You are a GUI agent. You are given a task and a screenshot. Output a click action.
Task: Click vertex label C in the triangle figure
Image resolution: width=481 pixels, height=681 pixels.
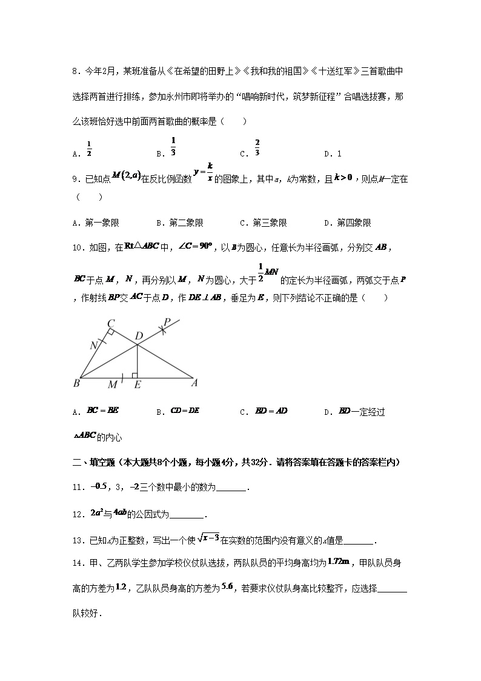(111, 324)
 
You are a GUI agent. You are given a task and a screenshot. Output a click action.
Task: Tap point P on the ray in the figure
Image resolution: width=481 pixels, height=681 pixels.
(168, 323)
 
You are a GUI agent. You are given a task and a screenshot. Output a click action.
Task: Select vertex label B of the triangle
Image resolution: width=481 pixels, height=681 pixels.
(76, 383)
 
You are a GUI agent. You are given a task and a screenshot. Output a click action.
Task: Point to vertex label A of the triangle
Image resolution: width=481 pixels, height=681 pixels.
(195, 383)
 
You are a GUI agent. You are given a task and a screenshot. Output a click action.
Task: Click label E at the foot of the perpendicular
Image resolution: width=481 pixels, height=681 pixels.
(138, 384)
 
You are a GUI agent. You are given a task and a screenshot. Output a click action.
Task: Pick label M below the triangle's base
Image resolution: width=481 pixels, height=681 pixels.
(112, 384)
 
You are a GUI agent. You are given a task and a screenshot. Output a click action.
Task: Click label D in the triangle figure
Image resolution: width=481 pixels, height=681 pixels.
(139, 336)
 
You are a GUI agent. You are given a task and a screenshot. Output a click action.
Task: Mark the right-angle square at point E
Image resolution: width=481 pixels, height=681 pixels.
(134, 376)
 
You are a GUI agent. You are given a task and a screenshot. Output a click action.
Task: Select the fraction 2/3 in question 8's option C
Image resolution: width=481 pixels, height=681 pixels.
(257, 147)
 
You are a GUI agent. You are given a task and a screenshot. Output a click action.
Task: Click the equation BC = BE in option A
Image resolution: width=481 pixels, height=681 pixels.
(103, 411)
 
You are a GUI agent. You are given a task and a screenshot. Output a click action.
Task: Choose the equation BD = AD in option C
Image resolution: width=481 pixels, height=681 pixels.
(271, 411)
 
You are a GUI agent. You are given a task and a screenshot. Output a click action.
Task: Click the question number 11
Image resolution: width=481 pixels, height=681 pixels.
(77, 487)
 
